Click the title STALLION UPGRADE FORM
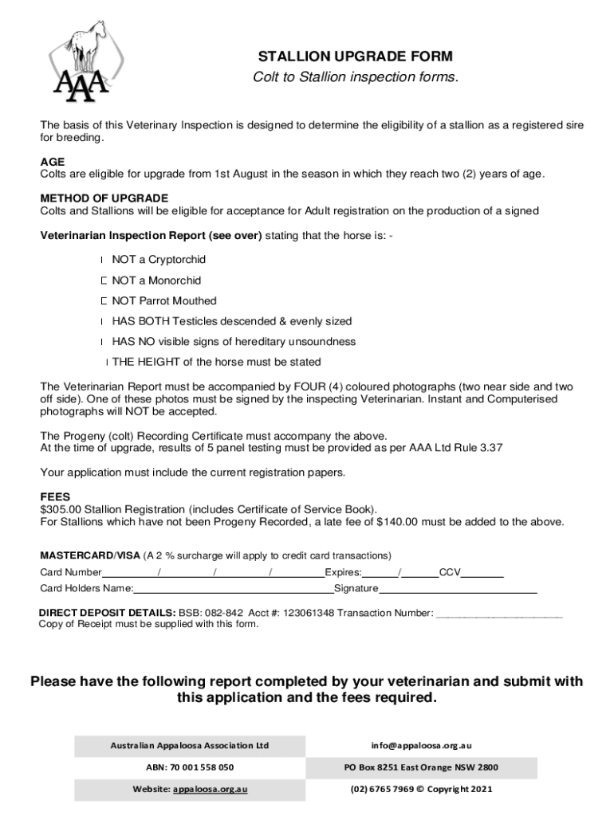point(355,57)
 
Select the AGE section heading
point(53,162)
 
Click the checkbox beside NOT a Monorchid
point(104,280)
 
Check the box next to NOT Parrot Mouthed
point(104,301)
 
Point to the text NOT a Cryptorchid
point(159,260)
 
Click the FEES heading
point(55,496)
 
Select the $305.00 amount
point(61,509)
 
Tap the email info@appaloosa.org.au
point(421,745)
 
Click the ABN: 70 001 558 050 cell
point(189,767)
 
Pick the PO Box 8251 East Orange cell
point(421,767)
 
